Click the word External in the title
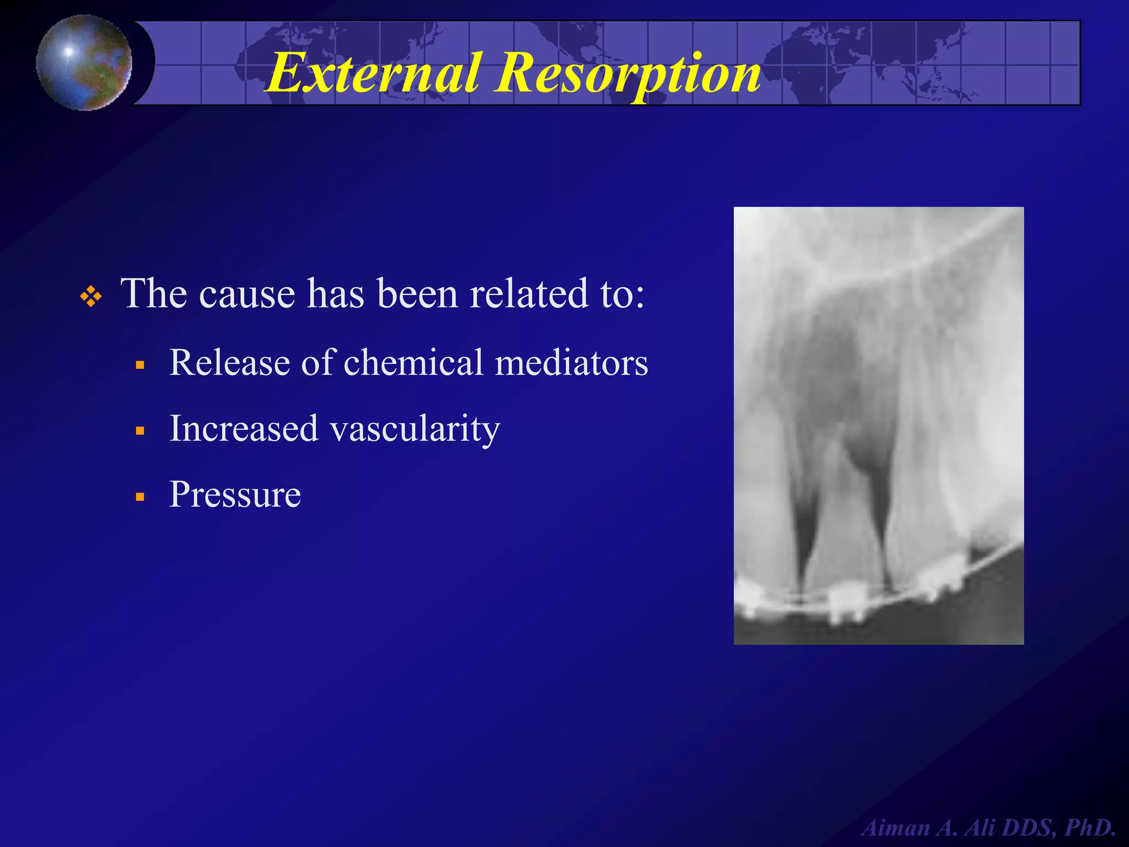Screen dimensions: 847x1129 373,73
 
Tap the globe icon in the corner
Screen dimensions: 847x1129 84,62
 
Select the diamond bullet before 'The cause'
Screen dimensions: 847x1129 91,297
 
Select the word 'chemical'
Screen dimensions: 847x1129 413,363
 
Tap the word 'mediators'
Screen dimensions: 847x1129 572,363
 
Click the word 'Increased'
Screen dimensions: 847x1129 244,428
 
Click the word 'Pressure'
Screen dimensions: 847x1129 235,494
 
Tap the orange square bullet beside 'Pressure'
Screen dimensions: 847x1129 140,497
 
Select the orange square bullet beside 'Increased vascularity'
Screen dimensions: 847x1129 140,431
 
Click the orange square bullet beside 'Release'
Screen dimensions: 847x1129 140,365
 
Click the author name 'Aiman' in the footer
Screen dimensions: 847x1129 896,828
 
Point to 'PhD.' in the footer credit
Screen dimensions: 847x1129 1089,828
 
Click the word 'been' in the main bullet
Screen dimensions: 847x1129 418,294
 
